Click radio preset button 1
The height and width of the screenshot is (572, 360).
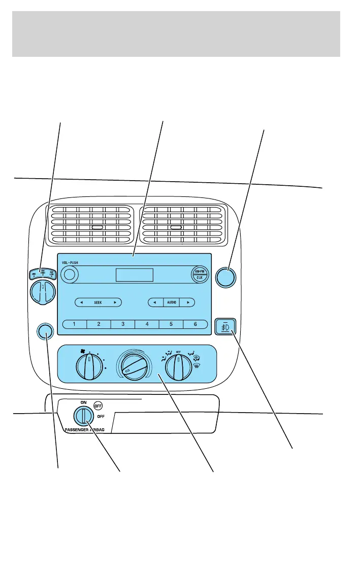(x=74, y=324)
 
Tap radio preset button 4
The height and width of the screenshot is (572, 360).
(x=147, y=324)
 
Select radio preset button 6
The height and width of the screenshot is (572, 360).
(x=195, y=324)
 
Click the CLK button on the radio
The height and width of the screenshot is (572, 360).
(x=198, y=278)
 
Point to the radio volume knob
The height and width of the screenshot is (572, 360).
(x=70, y=275)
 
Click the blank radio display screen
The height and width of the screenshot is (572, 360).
(x=135, y=275)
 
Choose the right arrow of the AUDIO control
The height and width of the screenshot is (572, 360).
(x=188, y=302)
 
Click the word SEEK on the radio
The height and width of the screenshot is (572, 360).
(x=98, y=302)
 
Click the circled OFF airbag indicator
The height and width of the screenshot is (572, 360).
(x=98, y=406)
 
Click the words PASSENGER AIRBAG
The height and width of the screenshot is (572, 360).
(x=88, y=429)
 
